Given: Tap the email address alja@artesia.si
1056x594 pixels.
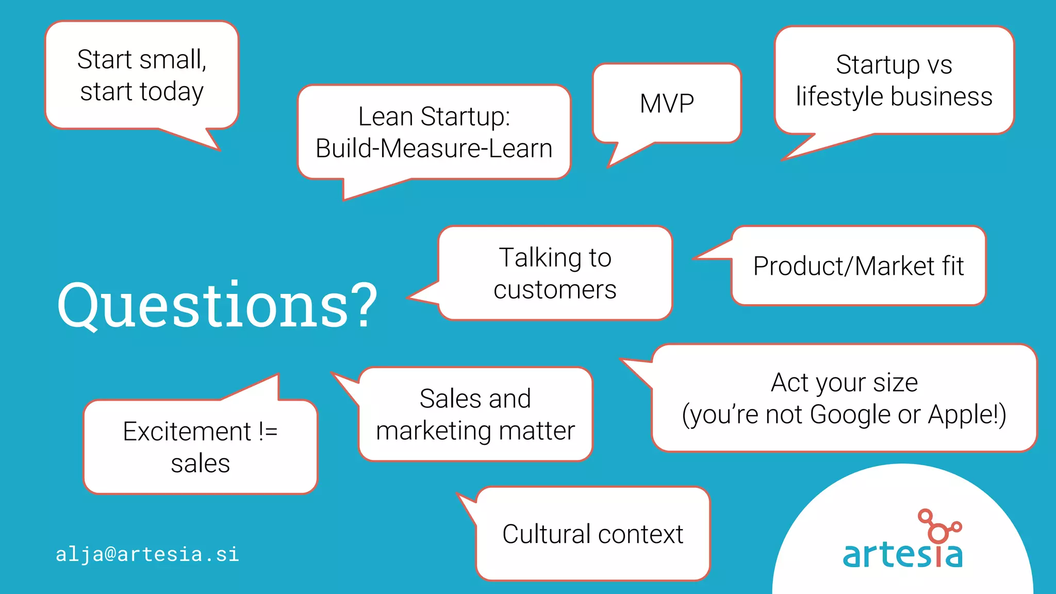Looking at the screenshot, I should point(147,554).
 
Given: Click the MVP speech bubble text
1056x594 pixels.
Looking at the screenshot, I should point(667,104).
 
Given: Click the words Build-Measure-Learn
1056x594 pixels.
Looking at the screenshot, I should point(434,148).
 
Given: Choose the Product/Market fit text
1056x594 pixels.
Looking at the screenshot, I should point(859,266).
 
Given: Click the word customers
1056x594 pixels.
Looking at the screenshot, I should point(555,290).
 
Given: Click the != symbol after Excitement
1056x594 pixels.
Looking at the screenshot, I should point(268,431).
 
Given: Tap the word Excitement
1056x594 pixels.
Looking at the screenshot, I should point(187,432).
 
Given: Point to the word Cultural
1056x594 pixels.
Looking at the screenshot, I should point(546,534).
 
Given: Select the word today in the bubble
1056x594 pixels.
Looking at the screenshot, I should point(172,92).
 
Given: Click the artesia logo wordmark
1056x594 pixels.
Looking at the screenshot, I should point(902,554).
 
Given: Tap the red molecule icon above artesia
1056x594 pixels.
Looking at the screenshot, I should point(938,526).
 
